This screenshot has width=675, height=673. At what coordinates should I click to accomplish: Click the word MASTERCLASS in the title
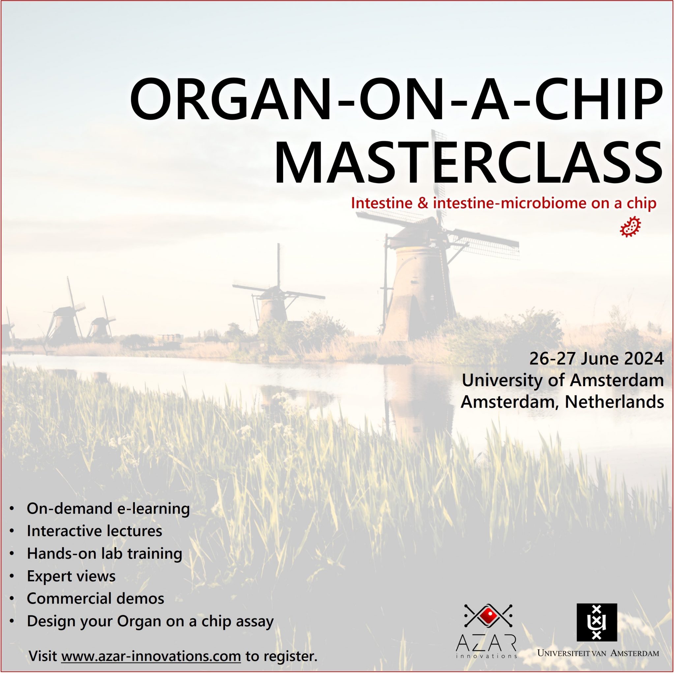(468, 163)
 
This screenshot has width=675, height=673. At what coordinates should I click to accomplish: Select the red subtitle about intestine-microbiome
(504, 203)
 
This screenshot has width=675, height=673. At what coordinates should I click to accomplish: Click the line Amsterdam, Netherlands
(562, 401)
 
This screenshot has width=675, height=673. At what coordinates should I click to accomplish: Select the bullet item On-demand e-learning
(108, 508)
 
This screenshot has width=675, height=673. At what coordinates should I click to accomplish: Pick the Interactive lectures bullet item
(94, 531)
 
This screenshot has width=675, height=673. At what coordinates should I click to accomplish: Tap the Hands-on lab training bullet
(104, 553)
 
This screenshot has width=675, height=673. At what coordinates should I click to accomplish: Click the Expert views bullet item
(71, 576)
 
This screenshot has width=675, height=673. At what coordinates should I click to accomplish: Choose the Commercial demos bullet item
(95, 598)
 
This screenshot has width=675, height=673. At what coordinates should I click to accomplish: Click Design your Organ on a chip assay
(150, 621)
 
